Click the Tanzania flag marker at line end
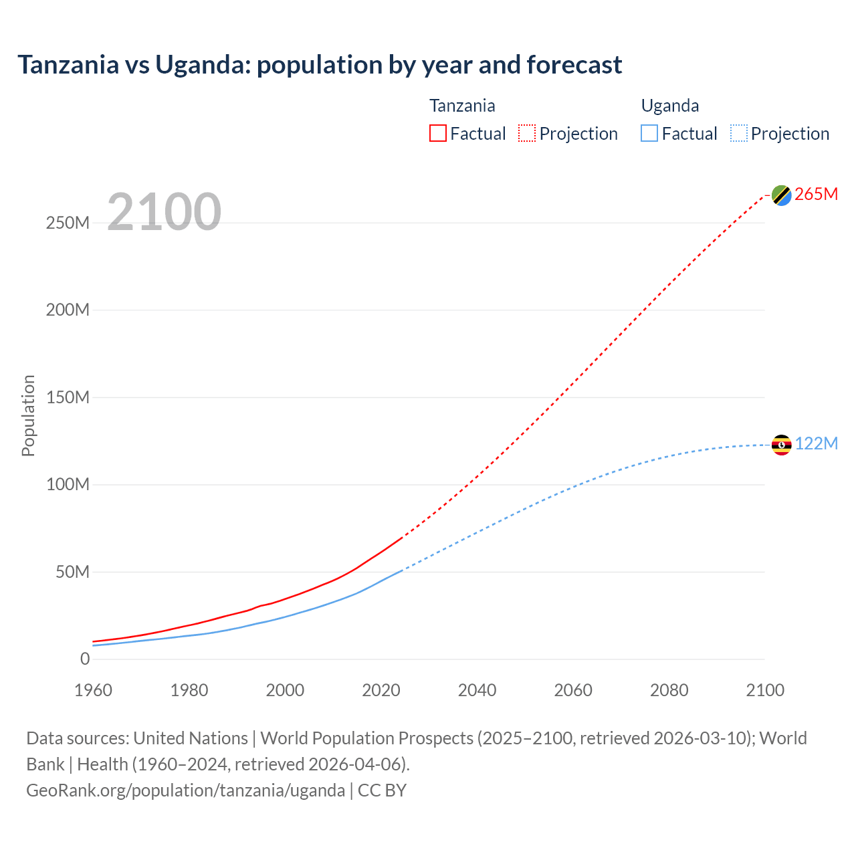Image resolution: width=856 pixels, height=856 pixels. [781, 195]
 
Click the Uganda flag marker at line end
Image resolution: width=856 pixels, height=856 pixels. [781, 445]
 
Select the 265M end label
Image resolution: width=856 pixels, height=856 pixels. [816, 194]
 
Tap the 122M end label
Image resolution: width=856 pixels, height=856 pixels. [816, 444]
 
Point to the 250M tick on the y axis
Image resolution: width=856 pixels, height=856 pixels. [68, 223]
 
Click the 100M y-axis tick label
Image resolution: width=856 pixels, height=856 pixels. [68, 484]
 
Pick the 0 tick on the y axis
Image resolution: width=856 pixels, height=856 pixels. [84, 659]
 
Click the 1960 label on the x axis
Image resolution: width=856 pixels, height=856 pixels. [93, 690]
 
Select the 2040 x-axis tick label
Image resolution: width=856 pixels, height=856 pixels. [477, 690]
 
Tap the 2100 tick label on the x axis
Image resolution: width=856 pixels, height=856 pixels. [764, 690]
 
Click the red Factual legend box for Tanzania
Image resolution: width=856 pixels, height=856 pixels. [438, 134]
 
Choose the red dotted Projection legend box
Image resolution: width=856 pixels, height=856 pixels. [527, 134]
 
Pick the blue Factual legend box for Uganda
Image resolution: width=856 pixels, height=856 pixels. [649, 134]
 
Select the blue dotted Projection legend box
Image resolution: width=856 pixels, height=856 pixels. [739, 134]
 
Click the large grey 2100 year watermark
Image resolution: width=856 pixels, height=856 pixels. [164, 212]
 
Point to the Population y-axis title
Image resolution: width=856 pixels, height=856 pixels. [28, 415]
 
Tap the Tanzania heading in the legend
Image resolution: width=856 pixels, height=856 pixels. [462, 106]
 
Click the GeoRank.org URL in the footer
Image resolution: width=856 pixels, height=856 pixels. [185, 790]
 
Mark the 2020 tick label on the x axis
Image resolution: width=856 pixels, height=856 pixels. [381, 690]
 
